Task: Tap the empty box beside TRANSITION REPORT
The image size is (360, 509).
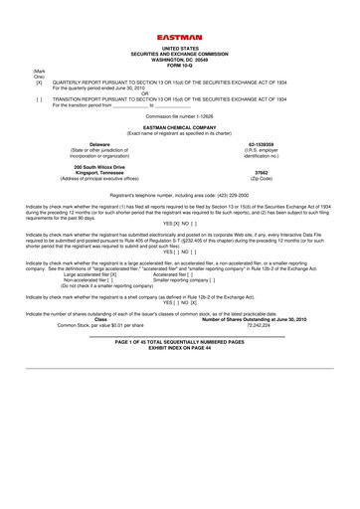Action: [12, 100]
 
